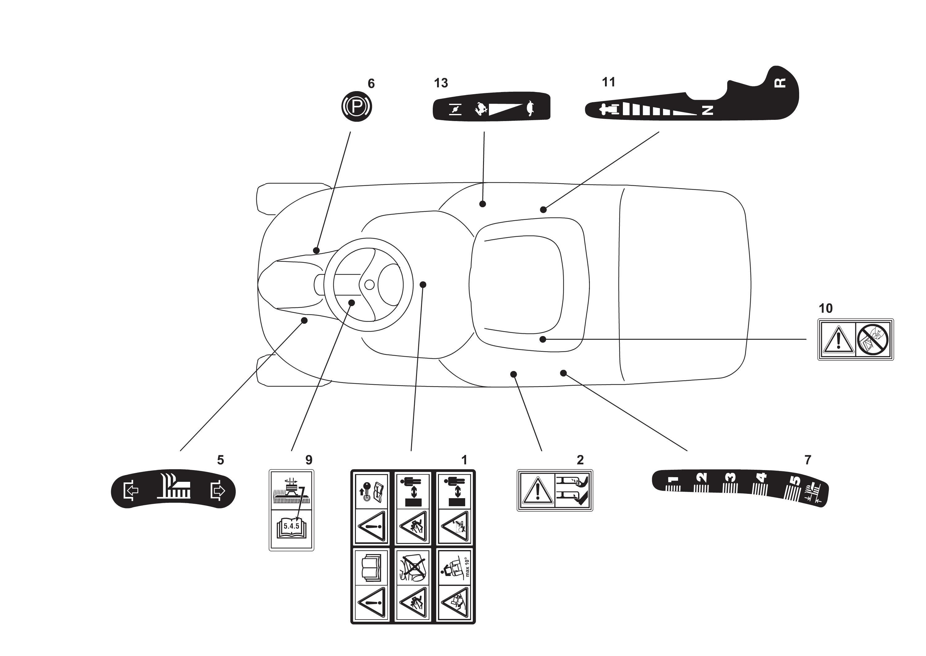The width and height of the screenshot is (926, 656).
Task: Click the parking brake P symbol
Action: [x=357, y=107]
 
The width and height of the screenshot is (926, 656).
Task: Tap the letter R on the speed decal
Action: [x=781, y=83]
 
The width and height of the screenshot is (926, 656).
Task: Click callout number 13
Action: [x=441, y=83]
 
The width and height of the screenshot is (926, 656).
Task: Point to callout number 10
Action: [x=825, y=309]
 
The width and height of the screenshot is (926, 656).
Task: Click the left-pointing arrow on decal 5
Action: [x=131, y=491]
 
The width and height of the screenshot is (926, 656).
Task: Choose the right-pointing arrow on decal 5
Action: [x=218, y=491]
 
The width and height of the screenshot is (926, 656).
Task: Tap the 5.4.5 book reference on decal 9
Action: [x=291, y=526]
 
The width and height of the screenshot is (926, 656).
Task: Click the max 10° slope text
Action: [x=467, y=567]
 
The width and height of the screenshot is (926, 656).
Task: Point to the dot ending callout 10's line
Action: [x=543, y=339]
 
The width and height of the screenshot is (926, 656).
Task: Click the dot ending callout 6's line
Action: [x=316, y=251]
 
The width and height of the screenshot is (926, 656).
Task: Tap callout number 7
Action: [x=808, y=460]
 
